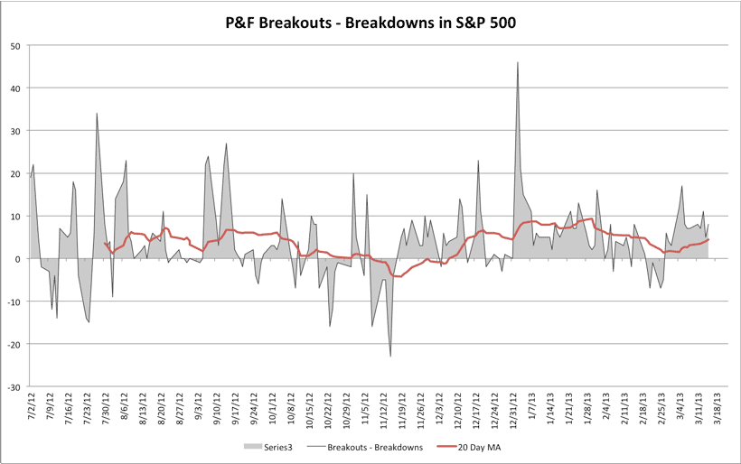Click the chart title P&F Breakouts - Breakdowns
[370, 19]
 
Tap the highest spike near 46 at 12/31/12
[518, 63]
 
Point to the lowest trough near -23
[390, 356]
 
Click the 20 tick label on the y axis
[16, 173]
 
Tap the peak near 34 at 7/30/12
[97, 114]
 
